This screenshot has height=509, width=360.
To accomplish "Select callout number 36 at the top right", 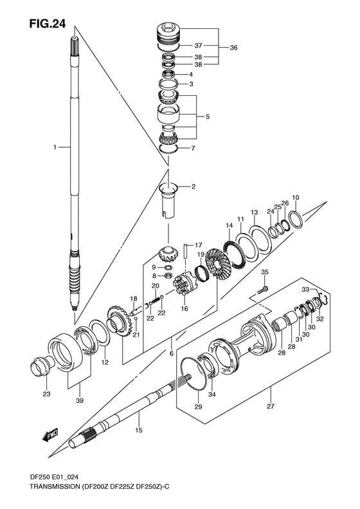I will coord(233,47).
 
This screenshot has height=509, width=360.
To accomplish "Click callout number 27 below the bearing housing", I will coord(271,407).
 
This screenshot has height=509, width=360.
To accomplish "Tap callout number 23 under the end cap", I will coord(46,394).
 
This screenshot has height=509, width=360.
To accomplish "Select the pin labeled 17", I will coord(186,248).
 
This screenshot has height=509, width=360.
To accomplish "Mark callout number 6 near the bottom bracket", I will coord(171,353).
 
